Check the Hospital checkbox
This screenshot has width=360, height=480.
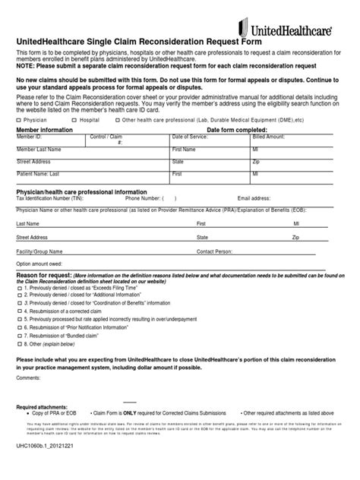click(74, 120)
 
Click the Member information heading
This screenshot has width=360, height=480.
click(45, 130)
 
